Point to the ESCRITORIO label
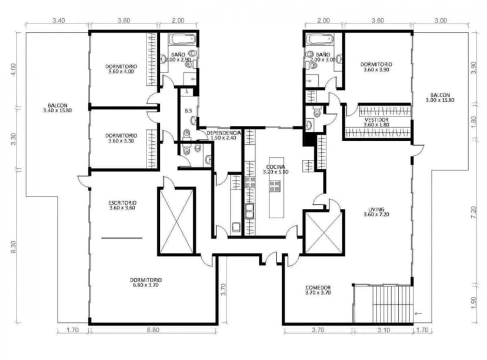[x=122, y=204]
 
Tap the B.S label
[x=188, y=111]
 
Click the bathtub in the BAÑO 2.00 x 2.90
[x=183, y=41]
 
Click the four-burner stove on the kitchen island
[x=275, y=187]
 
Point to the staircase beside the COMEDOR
[x=382, y=304]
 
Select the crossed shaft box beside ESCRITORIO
[x=176, y=221]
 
